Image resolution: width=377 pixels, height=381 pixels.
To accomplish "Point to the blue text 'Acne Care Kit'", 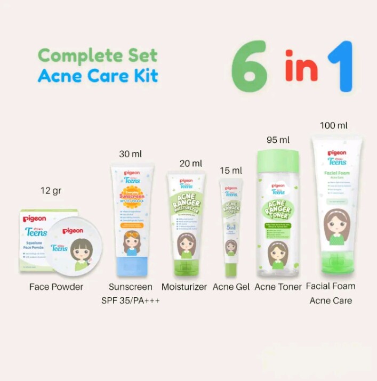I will click(x=98, y=76).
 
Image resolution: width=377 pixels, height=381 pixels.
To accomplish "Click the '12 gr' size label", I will click(x=51, y=191).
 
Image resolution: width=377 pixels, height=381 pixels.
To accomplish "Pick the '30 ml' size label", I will click(x=131, y=154).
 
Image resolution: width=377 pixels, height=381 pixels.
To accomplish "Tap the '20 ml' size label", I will click(x=191, y=164).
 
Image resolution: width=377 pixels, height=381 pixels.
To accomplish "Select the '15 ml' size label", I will click(x=230, y=171).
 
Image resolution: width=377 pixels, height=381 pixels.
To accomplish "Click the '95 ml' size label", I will click(x=278, y=140).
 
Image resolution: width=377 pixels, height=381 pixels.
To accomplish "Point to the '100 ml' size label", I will click(x=334, y=126).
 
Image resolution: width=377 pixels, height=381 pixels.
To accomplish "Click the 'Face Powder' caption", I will click(x=56, y=287).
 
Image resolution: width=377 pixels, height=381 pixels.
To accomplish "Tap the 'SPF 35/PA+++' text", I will click(x=131, y=301).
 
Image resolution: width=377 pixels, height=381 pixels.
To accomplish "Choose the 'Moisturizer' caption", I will click(x=184, y=287).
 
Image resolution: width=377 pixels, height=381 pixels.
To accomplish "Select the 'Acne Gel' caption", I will click(x=230, y=287).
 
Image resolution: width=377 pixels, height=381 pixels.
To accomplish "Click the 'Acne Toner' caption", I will click(x=278, y=287).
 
